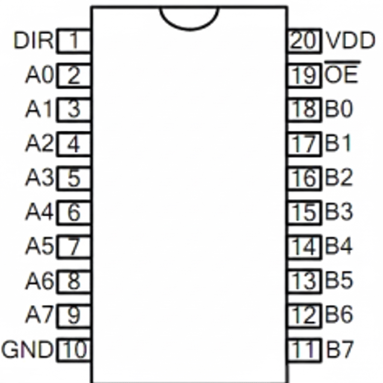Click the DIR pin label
33,40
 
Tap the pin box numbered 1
74,40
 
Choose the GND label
27,350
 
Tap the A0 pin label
39,75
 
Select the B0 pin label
338,110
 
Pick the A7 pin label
39,315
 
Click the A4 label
39,212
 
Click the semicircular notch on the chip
189,17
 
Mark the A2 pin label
39,144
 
